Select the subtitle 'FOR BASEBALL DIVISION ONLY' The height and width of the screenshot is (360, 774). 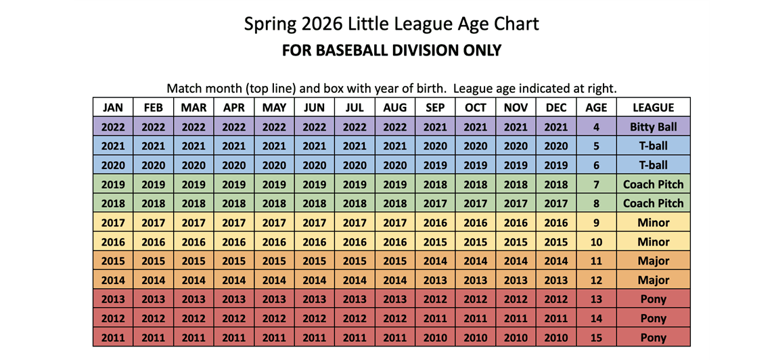pos(391,51)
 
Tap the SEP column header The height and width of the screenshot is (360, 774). pos(435,108)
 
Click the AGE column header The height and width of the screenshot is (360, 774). pos(596,108)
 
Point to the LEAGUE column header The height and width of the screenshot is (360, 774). pos(653,108)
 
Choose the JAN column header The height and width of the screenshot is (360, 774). pos(113,108)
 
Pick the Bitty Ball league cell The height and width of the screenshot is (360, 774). pos(653,127)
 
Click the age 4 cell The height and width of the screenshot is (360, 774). pos(596,127)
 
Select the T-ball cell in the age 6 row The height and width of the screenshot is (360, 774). pos(653,165)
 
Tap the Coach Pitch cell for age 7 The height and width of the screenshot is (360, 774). pos(653,184)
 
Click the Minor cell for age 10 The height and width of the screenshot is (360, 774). pos(653,242)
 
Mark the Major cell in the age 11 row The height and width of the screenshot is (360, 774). pos(653,261)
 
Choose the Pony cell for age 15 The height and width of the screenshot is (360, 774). pos(653,338)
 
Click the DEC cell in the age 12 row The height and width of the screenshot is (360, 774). pos(555,280)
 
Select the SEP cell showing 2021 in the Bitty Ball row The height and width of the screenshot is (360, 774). pos(435,127)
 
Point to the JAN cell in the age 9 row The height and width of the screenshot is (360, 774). pos(113,223)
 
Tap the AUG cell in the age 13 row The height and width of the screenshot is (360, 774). pos(394,299)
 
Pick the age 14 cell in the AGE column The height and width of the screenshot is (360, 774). pos(596,319)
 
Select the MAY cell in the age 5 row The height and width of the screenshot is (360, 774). pos(274,145)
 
